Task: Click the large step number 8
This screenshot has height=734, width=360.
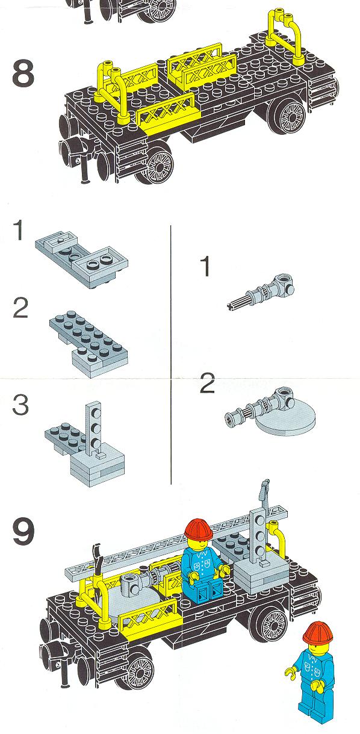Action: tap(23, 74)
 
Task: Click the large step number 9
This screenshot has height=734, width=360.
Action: tap(23, 532)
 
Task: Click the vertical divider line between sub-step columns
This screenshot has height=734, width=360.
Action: tap(171, 355)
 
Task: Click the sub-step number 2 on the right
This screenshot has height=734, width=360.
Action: tap(207, 383)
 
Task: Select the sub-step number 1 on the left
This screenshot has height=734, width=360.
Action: tap(19, 230)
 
